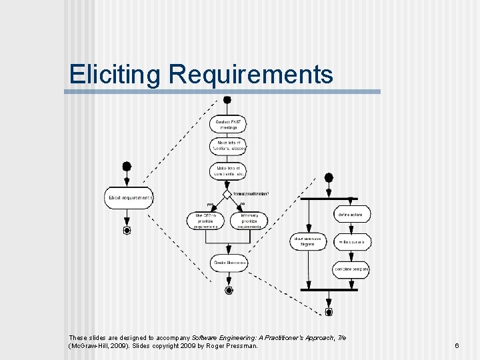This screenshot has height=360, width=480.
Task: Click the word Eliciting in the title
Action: (x=115, y=74)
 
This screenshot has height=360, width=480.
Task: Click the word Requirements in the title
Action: (x=251, y=74)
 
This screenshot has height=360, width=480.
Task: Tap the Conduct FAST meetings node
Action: (x=229, y=124)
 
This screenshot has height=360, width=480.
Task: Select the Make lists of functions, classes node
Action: (x=229, y=146)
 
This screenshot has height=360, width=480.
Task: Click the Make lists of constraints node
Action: (x=229, y=171)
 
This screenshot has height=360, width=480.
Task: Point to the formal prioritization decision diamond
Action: (x=227, y=194)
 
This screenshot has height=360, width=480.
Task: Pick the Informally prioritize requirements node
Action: (x=249, y=220)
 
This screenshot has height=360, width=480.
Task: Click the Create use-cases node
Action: (x=229, y=263)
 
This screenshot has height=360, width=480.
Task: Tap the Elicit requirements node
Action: (x=129, y=197)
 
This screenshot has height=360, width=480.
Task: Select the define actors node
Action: (x=351, y=215)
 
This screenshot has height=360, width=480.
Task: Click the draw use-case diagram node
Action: (x=308, y=241)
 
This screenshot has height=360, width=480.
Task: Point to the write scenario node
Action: (x=351, y=241)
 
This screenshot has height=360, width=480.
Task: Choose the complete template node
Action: (x=351, y=269)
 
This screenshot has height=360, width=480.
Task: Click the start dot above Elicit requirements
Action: (x=127, y=166)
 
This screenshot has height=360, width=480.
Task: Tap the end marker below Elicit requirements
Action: (x=127, y=230)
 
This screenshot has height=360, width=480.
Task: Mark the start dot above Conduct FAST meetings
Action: (x=227, y=100)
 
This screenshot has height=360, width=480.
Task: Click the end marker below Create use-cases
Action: (x=229, y=290)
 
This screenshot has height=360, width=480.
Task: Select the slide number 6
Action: (x=457, y=346)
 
